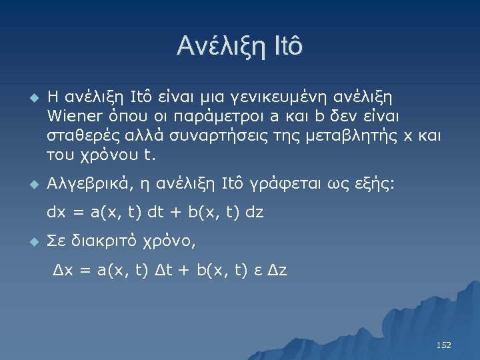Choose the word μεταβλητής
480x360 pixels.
coord(355,137)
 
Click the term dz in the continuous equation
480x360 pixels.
coord(254,213)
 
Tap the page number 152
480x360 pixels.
coord(443,345)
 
